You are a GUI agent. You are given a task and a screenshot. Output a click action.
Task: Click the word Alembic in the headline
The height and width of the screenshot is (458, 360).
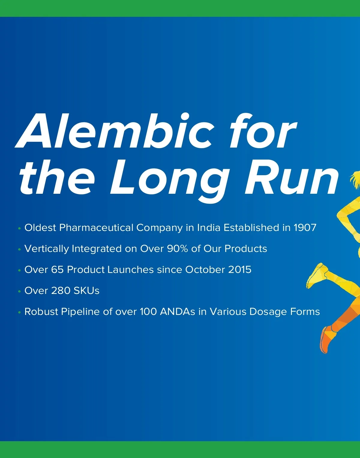pyautogui.click(x=114, y=131)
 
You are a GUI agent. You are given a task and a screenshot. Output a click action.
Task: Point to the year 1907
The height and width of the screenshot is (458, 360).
pyautogui.click(x=305, y=228)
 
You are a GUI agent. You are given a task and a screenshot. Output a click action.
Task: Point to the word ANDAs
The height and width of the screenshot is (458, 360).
pyautogui.click(x=178, y=312)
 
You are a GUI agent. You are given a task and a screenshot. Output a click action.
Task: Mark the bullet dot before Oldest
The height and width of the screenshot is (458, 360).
pyautogui.click(x=19, y=229)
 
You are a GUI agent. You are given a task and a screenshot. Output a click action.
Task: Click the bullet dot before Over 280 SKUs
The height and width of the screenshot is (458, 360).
pyautogui.click(x=19, y=292)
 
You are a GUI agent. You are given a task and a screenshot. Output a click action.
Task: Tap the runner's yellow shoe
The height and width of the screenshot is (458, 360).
pyautogui.click(x=317, y=275)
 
